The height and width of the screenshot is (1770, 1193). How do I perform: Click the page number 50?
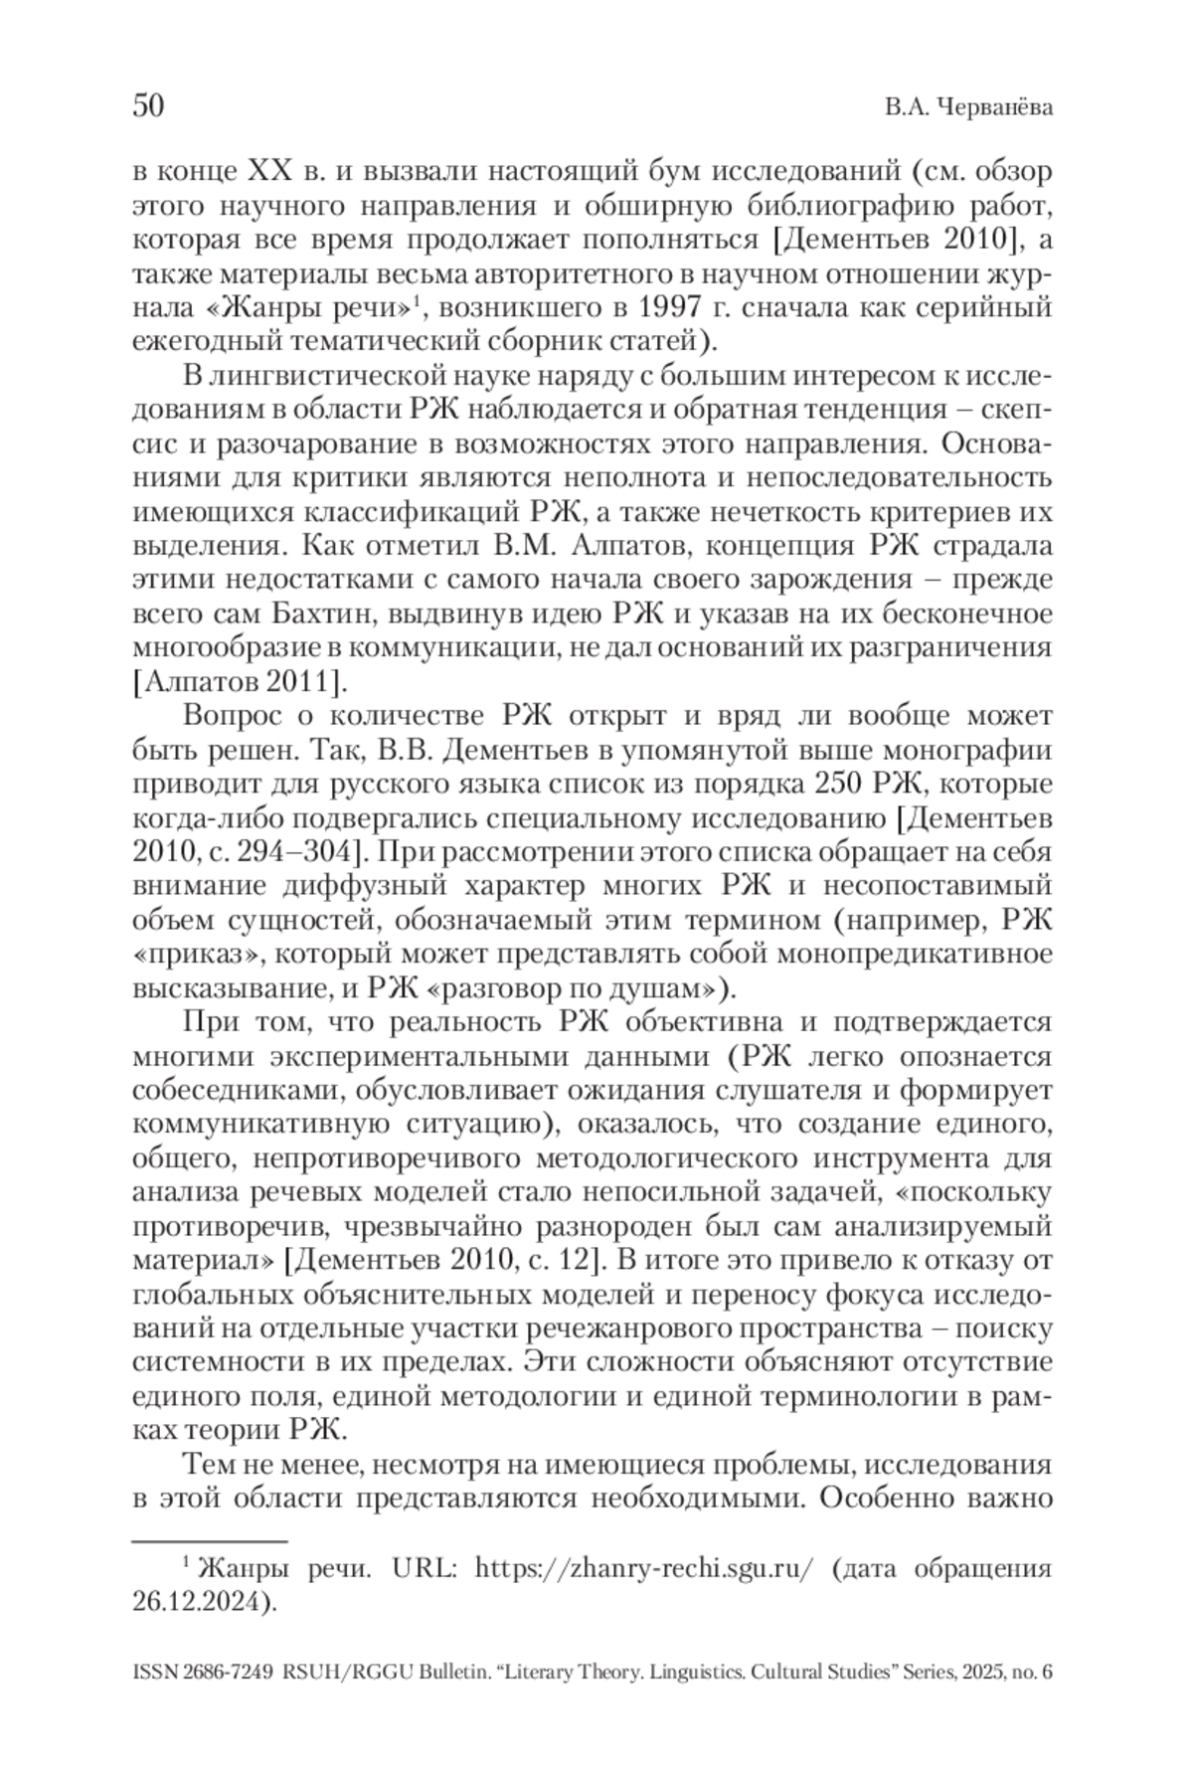click(148, 106)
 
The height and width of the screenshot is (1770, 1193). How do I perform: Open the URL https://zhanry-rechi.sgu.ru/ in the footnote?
click(645, 1570)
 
